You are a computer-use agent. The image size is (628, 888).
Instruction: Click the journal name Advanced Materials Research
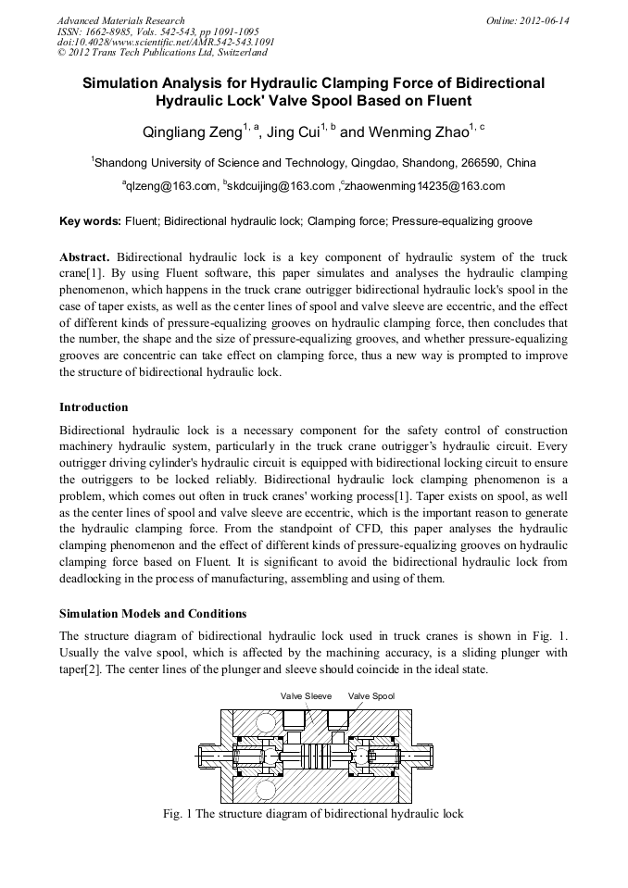click(120, 20)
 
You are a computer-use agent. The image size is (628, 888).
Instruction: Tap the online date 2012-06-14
click(546, 20)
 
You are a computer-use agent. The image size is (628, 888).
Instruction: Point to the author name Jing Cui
click(293, 132)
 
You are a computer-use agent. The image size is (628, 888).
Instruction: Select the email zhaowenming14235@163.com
click(425, 186)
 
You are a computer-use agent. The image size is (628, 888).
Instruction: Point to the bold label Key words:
click(90, 222)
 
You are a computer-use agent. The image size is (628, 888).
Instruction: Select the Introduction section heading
click(94, 407)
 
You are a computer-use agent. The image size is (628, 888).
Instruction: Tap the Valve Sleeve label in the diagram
click(305, 695)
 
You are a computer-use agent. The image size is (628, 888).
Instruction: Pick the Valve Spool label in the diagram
click(371, 695)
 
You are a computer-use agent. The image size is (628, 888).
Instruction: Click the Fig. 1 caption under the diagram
click(313, 814)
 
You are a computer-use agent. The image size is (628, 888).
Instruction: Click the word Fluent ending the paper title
click(444, 100)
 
